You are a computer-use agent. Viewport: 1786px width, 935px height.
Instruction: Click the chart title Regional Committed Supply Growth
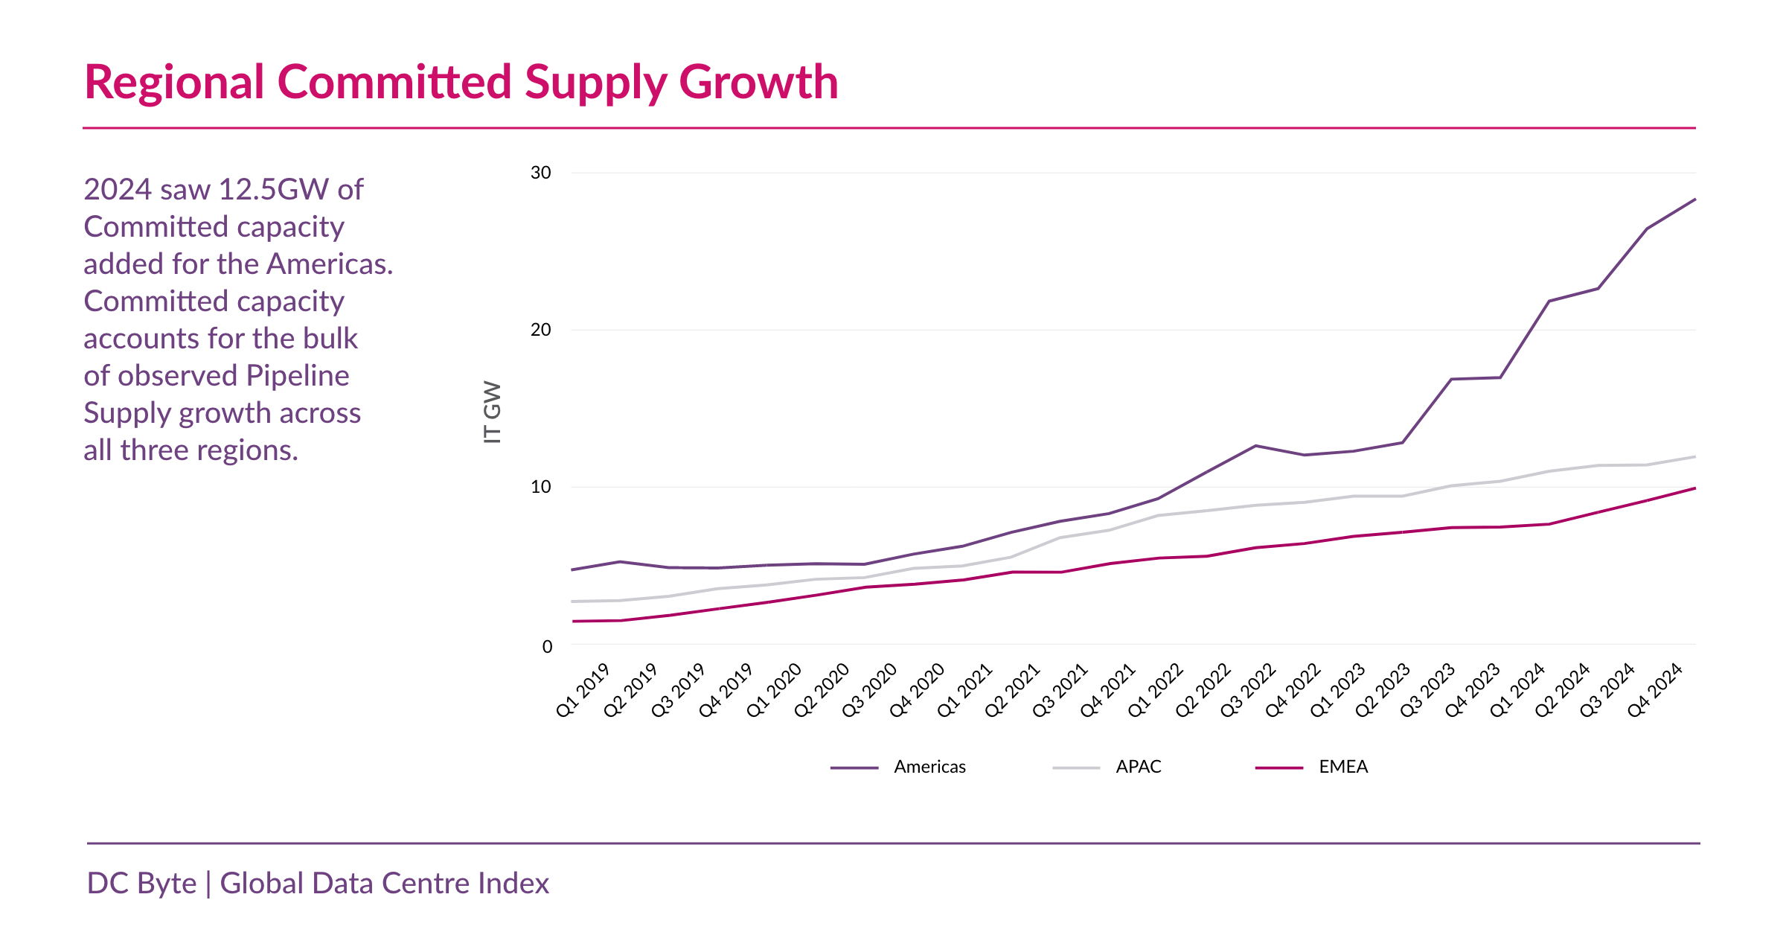461,82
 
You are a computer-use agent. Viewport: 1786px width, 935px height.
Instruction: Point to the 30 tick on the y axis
541,173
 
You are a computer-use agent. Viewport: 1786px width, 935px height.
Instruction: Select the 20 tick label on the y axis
541,330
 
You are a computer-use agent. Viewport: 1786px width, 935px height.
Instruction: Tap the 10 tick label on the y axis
541,487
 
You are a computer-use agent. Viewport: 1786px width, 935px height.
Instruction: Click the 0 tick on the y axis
547,646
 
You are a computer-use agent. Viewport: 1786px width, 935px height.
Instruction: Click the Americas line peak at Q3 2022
1255,446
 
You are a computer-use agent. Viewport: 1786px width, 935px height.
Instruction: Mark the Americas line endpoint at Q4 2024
1695,200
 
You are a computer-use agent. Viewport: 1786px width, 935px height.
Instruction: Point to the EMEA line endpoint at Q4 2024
1695,488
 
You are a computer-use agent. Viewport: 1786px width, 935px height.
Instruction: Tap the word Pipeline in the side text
297,376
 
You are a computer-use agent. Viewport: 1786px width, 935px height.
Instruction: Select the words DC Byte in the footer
141,883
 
